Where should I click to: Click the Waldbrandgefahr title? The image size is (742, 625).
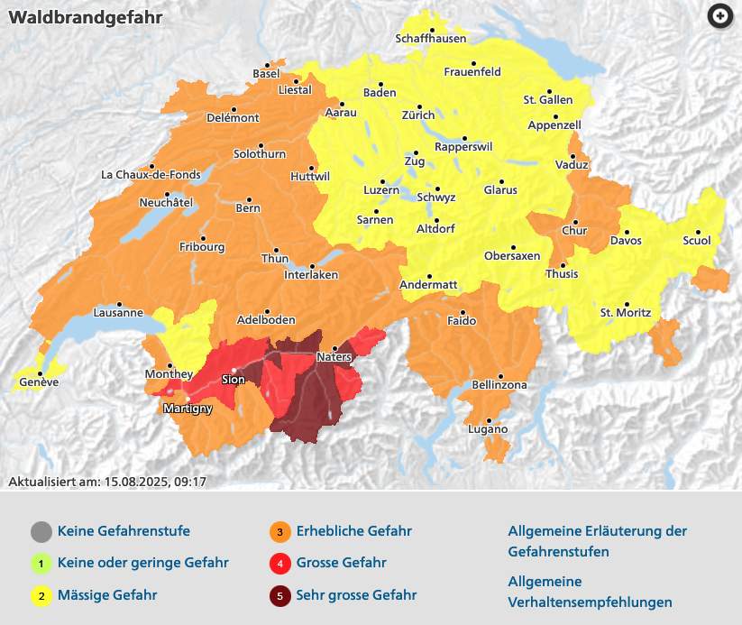tap(74, 18)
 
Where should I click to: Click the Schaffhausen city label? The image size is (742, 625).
tap(431, 39)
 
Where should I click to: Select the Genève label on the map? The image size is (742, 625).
tap(39, 382)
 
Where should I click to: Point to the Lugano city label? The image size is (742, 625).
tap(488, 429)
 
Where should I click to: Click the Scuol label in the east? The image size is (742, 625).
tap(697, 241)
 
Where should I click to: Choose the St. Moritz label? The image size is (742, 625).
tap(626, 313)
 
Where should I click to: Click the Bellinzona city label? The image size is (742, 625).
tap(499, 385)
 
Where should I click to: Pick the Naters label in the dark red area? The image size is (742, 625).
tap(333, 358)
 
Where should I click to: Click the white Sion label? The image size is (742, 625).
tap(233, 380)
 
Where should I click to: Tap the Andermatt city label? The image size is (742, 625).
tap(428, 285)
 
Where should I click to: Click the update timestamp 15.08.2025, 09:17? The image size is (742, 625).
tap(155, 482)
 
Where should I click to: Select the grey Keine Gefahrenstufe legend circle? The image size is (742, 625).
tap(41, 531)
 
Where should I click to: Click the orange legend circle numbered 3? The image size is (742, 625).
tap(280, 531)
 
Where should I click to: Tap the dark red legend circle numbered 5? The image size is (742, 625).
tap(280, 594)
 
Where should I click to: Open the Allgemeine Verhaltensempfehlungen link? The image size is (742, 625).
tap(590, 592)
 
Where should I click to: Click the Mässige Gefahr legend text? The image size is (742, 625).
tap(106, 594)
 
